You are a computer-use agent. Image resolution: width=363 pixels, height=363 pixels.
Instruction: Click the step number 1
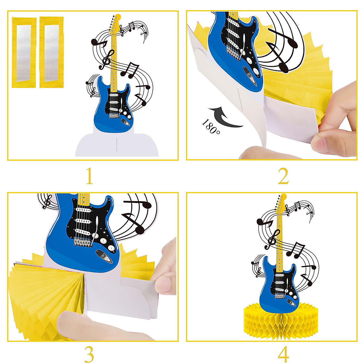(x=89, y=176)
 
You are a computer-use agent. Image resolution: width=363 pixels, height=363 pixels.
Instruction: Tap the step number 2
(x=283, y=176)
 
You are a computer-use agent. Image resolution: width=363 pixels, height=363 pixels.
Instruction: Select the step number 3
(x=89, y=354)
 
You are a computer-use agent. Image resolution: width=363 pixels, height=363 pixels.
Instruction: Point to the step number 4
(x=283, y=354)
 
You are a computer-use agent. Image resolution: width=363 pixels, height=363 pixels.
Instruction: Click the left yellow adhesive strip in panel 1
(x=24, y=52)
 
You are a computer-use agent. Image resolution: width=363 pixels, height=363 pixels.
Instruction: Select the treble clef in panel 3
(x=47, y=201)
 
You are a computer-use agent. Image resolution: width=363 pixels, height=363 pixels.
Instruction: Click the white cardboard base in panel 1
(x=116, y=145)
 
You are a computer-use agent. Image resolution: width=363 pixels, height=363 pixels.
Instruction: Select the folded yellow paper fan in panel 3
(x=45, y=290)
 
